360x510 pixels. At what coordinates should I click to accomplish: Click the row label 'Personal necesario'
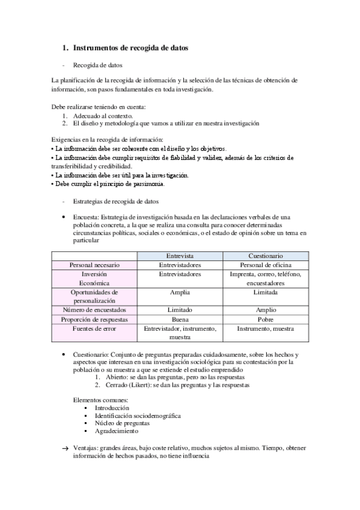(x=94, y=265)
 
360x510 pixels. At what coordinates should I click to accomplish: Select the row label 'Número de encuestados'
(x=94, y=310)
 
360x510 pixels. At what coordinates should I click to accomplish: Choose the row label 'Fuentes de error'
(x=94, y=329)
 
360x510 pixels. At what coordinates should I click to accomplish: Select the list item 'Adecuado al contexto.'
(x=103, y=115)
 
